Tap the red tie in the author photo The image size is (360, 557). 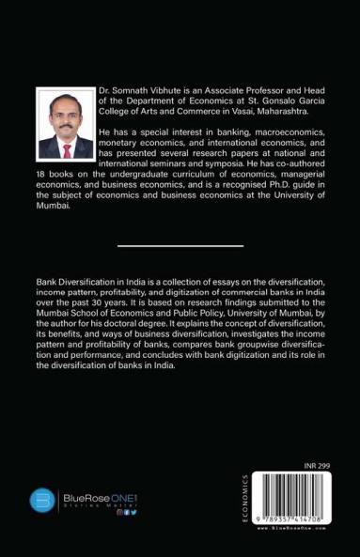[x=66, y=148]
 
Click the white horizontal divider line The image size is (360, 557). [x=180, y=246]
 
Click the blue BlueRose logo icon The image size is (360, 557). [x=42, y=501]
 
